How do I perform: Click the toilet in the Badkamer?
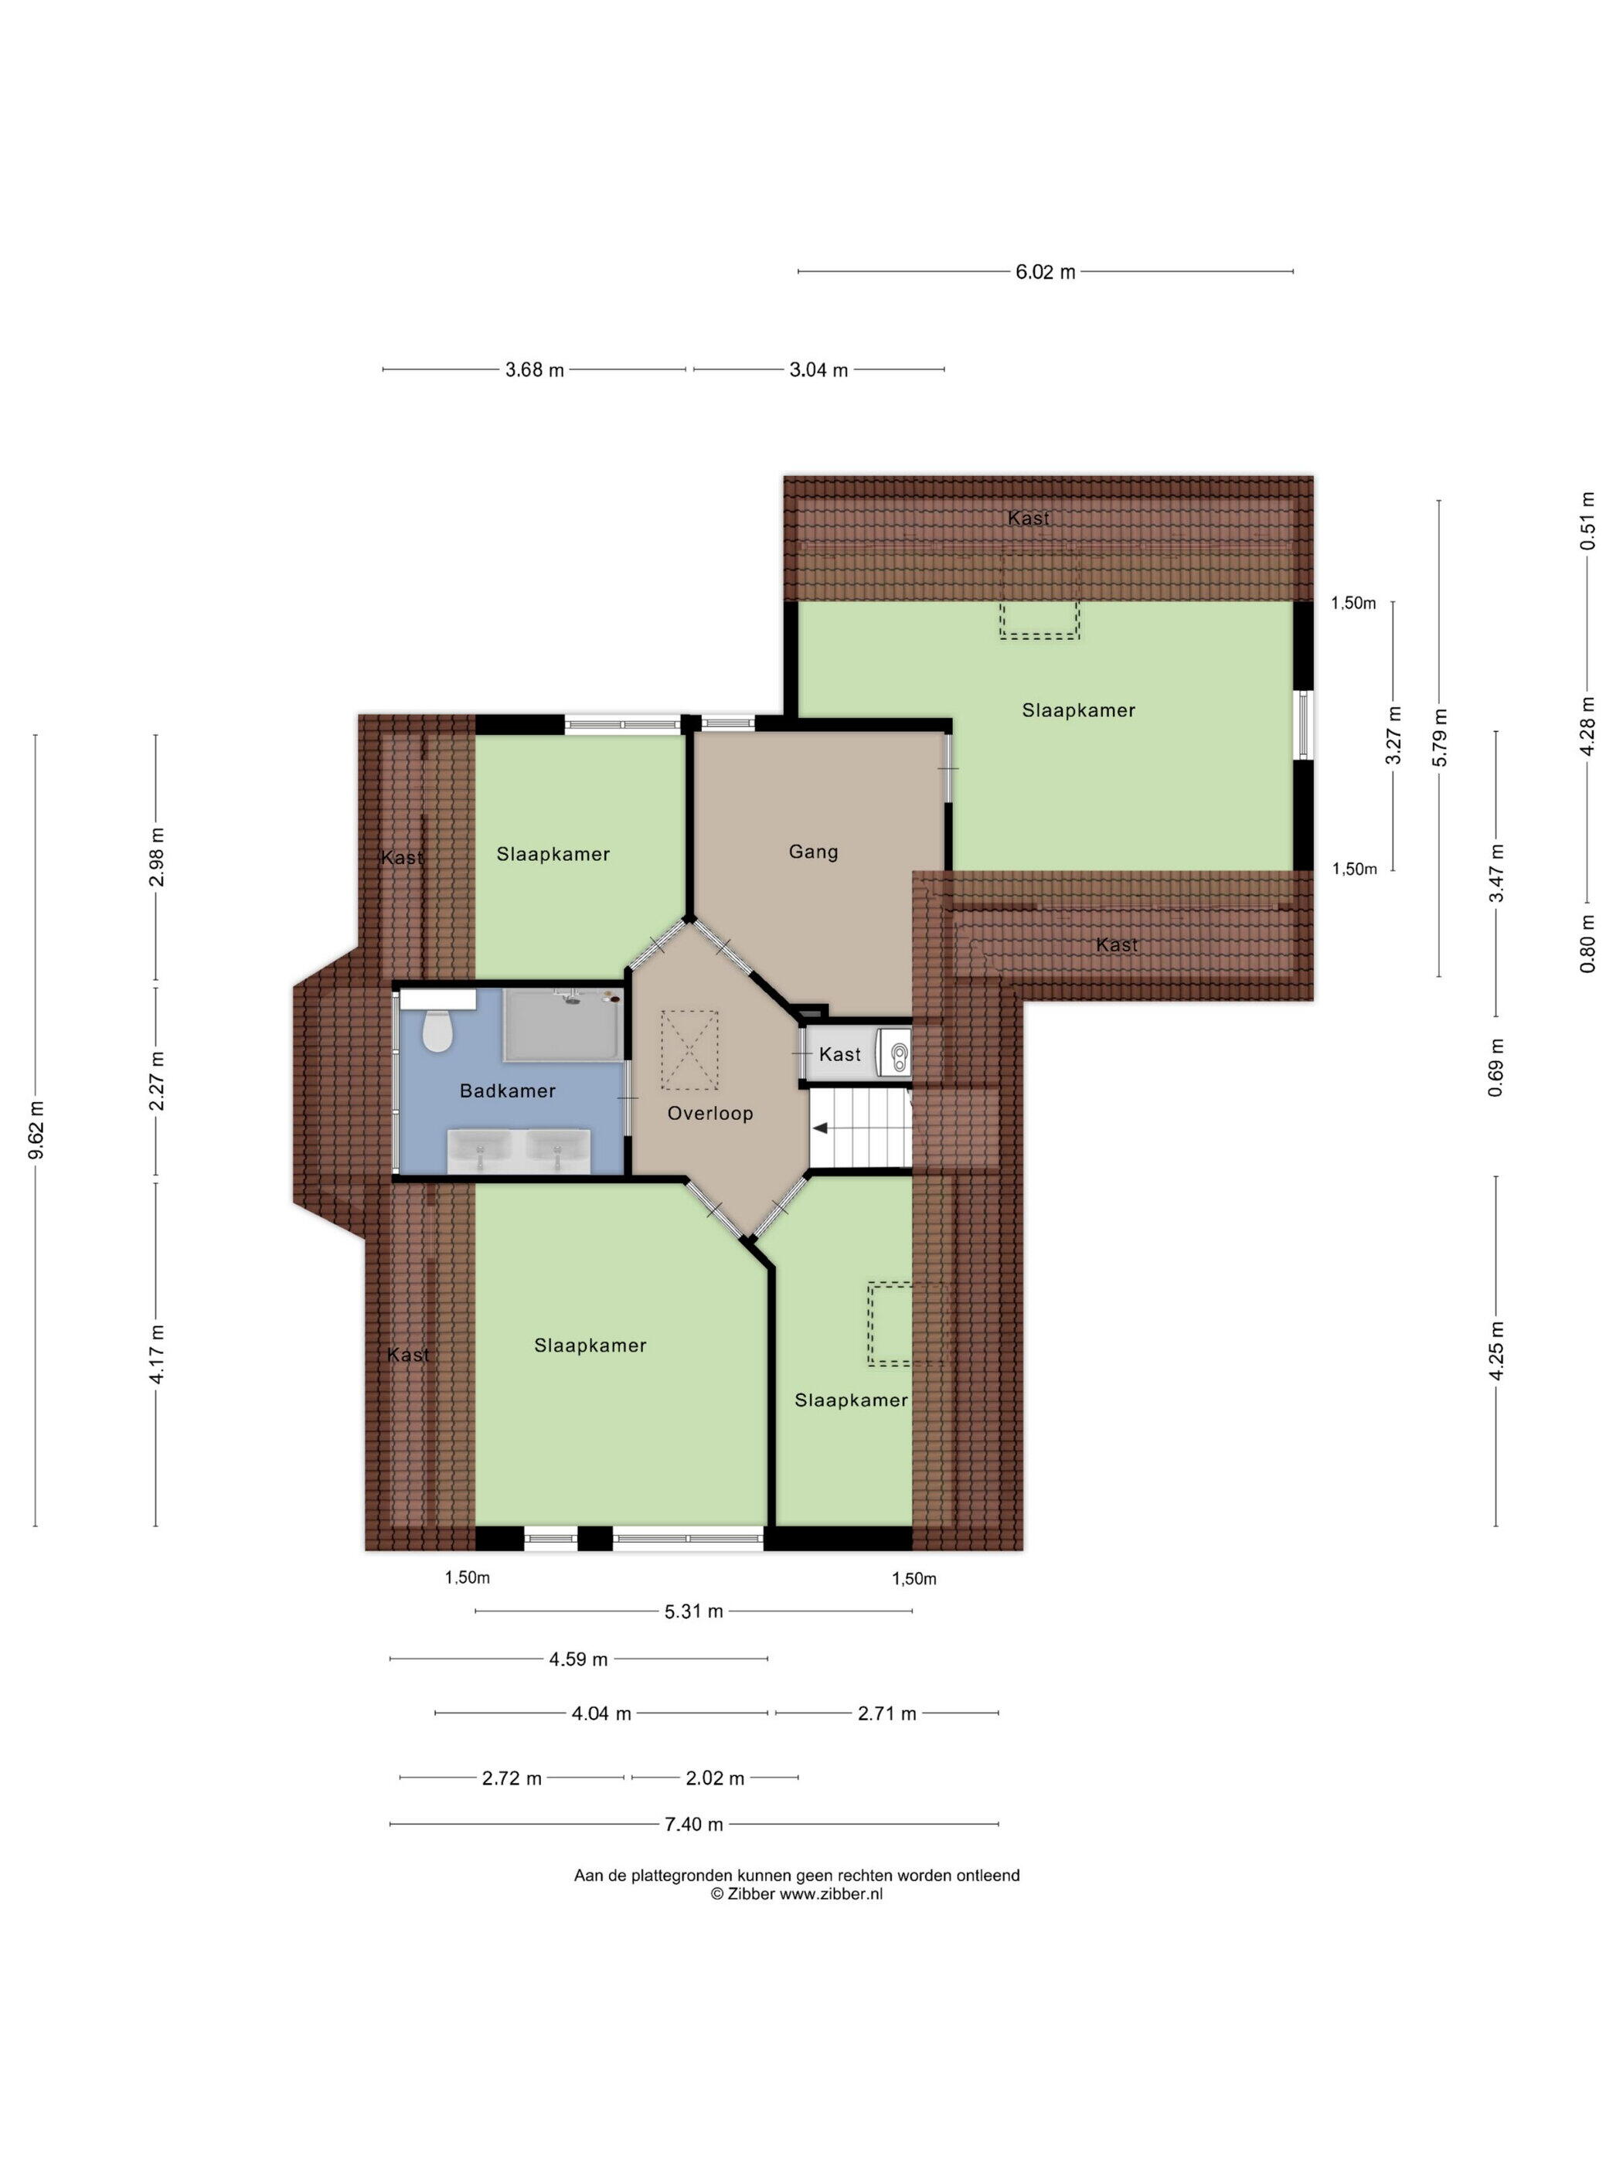click(x=437, y=1029)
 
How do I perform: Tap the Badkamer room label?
click(x=508, y=1091)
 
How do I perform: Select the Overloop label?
click(x=710, y=1114)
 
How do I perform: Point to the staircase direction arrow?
click(x=822, y=1128)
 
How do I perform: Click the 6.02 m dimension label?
click(x=1045, y=272)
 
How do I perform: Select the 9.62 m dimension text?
click(x=36, y=1130)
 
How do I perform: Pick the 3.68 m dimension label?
click(x=534, y=369)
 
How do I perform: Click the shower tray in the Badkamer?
click(x=563, y=1024)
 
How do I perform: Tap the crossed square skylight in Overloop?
click(x=689, y=1050)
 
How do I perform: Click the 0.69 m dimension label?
click(x=1495, y=1067)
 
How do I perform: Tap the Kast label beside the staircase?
click(x=839, y=1053)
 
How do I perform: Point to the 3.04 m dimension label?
click(x=818, y=369)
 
